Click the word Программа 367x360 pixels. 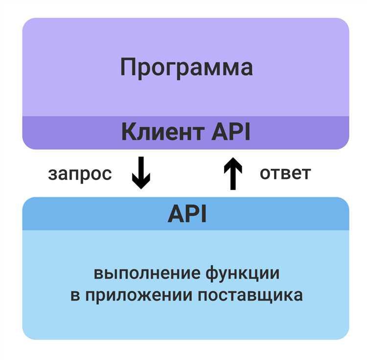coord(186,67)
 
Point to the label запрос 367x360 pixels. coord(80,174)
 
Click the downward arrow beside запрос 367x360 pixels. coord(141,173)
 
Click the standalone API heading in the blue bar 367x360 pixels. coord(186,214)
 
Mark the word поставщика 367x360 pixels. coord(251,295)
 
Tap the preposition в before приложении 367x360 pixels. coord(75,295)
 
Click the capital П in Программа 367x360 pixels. coord(128,67)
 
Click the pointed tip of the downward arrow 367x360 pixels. coord(141,187)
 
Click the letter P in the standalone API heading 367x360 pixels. coord(193,214)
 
